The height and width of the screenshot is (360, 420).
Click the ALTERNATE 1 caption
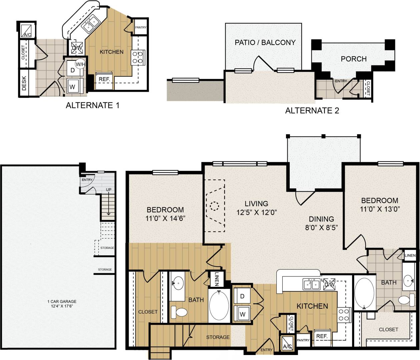pos(92,105)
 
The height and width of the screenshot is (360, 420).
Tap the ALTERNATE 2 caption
pos(312,111)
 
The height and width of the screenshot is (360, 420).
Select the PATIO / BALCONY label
pos(265,43)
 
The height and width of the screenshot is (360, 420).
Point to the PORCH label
pos(353,59)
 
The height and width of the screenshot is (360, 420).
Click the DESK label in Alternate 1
pos(24,83)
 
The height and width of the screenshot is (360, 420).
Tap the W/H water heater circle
pos(80,64)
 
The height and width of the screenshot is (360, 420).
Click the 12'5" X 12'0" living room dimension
pos(256,213)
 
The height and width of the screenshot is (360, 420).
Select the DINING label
pos(321,219)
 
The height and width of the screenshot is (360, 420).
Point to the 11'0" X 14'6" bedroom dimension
pos(165,219)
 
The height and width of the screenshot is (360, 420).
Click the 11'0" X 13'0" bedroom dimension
pos(380,209)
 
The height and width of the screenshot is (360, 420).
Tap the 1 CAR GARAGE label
pos(62,302)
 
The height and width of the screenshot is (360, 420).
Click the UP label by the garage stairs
pos(109,190)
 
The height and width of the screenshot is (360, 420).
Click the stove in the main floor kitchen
pos(344,314)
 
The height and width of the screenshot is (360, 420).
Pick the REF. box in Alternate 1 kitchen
pos(104,80)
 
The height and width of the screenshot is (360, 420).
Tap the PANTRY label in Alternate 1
pos(141,28)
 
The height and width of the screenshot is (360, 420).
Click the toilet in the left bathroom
pos(179,312)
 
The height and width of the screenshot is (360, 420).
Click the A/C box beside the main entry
pos(287,343)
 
